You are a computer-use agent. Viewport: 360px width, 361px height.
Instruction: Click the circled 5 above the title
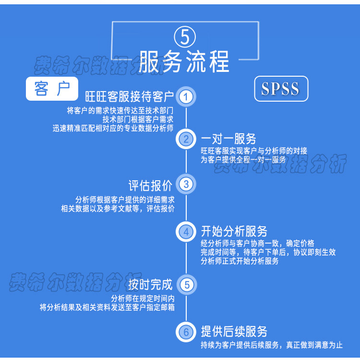[x=185, y=37]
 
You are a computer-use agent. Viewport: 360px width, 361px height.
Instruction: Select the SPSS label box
[x=281, y=89]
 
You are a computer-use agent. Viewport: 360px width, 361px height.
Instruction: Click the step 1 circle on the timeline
[x=186, y=97]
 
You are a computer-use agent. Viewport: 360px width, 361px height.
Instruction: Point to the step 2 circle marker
[x=186, y=140]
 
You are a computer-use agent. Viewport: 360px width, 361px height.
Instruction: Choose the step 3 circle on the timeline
[x=186, y=184]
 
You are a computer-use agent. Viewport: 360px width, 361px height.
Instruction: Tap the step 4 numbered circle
[x=186, y=232]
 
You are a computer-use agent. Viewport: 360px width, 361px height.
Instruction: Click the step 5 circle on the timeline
[x=186, y=284]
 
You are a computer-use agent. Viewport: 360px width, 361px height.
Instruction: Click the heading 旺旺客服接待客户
[x=129, y=97]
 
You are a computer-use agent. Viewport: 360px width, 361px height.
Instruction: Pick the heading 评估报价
[x=150, y=184]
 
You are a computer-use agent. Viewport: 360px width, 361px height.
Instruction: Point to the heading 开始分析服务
[x=234, y=231]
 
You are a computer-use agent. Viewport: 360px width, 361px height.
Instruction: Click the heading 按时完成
[x=150, y=284]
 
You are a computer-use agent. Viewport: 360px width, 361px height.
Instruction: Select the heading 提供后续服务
[x=234, y=331]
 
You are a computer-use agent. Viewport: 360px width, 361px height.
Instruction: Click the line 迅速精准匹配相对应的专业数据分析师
[x=113, y=128]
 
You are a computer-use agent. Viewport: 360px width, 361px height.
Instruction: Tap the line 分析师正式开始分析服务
[x=240, y=261]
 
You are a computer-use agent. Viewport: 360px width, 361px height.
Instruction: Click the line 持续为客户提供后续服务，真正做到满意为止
[x=272, y=345]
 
